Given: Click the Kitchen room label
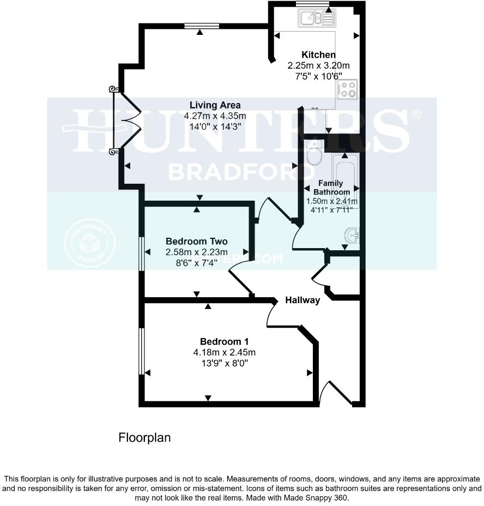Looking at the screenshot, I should click(x=319, y=55).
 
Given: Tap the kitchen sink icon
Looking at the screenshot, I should click(x=316, y=19).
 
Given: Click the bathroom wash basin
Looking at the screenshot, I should click(x=352, y=236).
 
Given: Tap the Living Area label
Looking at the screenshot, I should click(x=215, y=105).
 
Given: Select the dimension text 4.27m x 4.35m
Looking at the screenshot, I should click(x=215, y=116).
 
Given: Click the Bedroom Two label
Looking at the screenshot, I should click(x=196, y=241).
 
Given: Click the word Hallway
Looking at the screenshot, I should click(x=302, y=300).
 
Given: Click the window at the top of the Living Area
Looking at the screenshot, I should click(x=202, y=25).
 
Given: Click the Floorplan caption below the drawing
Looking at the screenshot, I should click(x=144, y=437).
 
